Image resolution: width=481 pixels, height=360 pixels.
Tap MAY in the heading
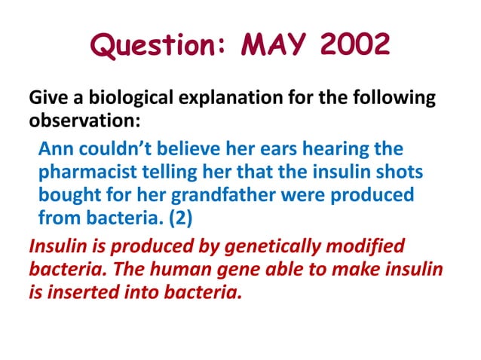(x=274, y=47)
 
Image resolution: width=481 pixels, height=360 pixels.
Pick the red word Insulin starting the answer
(x=54, y=245)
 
